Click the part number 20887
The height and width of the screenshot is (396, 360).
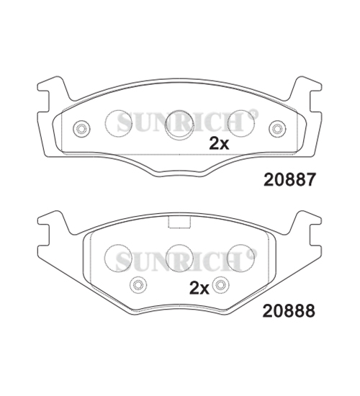pyautogui.click(x=289, y=181)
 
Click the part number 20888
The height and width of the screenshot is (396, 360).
pyautogui.click(x=289, y=312)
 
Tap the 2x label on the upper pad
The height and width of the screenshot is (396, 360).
pyautogui.click(x=219, y=143)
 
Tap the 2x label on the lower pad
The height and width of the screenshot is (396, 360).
pyautogui.click(x=199, y=289)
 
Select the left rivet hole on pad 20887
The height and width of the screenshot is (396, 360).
pyautogui.click(x=81, y=129)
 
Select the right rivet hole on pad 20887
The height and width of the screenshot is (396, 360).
pyautogui.click(x=277, y=129)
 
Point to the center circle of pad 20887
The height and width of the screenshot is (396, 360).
pyautogui.click(x=179, y=127)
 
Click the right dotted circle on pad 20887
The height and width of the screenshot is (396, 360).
pyautogui.click(x=240, y=123)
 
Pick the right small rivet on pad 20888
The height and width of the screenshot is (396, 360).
pyautogui.click(x=221, y=284)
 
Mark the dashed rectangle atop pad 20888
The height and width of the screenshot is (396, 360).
pyautogui.click(x=179, y=222)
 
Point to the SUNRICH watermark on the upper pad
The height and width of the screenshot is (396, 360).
pyautogui.click(x=186, y=124)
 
